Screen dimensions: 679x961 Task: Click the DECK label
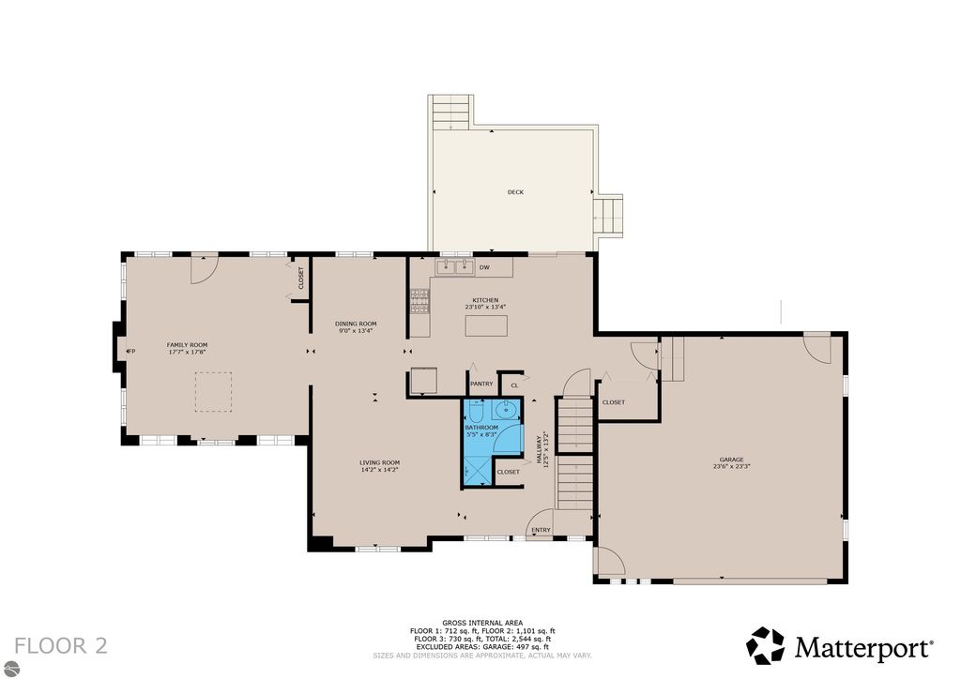point(515,192)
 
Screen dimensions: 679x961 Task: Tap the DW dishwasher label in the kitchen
point(484,267)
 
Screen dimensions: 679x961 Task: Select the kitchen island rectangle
point(486,325)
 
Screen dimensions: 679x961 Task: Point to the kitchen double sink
point(454,267)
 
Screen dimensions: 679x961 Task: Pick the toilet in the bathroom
point(474,411)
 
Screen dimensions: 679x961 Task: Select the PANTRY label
point(481,384)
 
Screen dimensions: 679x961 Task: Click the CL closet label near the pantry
point(514,385)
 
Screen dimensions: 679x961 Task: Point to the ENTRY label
point(542,530)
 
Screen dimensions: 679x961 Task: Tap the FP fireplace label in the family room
point(131,352)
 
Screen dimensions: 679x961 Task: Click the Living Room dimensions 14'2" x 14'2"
point(379,469)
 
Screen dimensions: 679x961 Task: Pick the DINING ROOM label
point(356,324)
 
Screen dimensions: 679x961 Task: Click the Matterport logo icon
point(765,646)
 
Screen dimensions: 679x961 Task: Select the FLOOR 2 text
point(61,645)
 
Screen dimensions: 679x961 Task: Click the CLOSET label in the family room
point(301,278)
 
